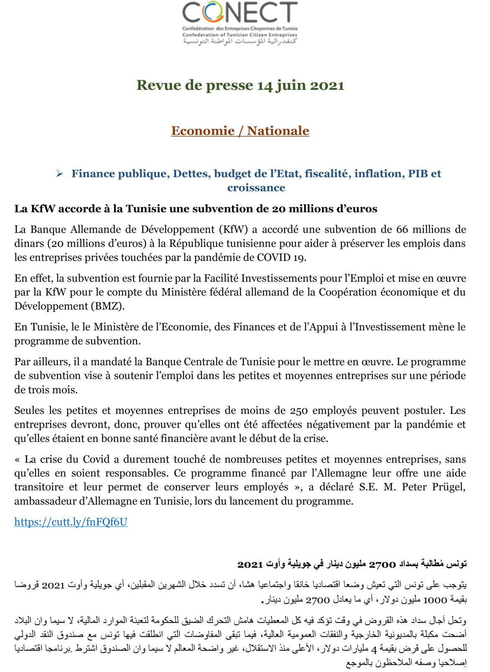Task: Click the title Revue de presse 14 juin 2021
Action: [x=240, y=85]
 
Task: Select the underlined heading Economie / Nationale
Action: [x=240, y=131]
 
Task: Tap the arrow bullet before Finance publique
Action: [x=60, y=174]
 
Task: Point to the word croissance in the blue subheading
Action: [x=256, y=188]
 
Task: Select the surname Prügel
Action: [x=449, y=487]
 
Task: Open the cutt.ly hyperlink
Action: [x=71, y=522]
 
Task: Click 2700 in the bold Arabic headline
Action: [x=382, y=564]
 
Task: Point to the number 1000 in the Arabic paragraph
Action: [x=435, y=600]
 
